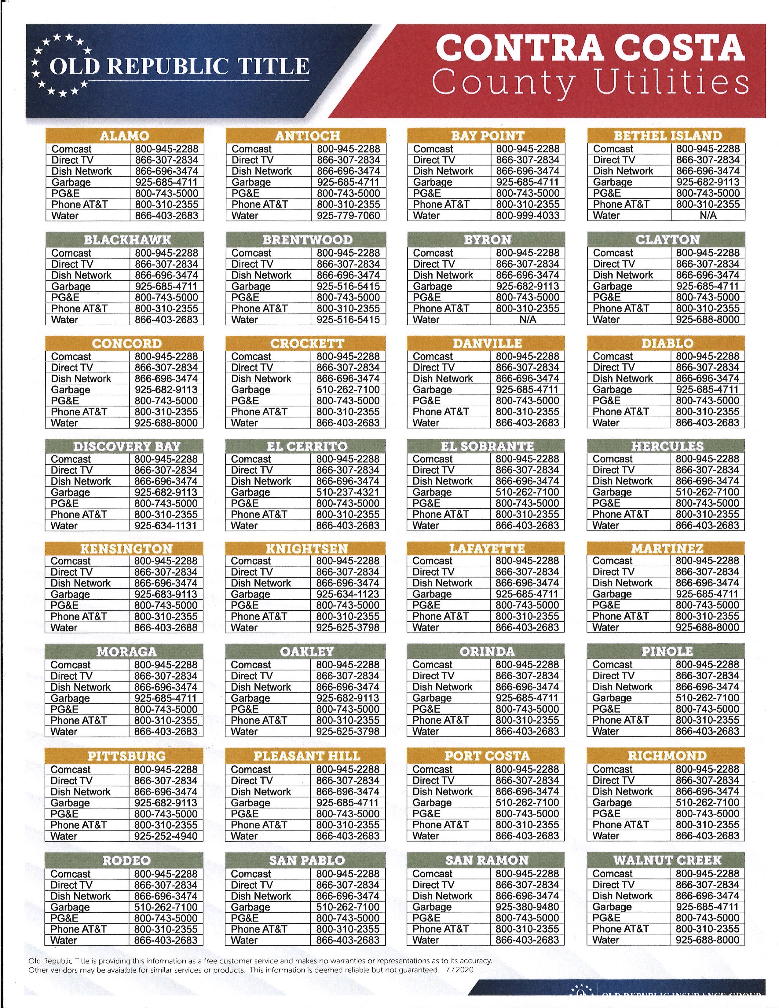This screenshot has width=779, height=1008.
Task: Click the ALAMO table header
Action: click(125, 136)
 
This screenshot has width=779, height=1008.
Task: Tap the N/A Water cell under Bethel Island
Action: click(708, 216)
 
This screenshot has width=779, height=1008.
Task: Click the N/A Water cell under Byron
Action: click(528, 320)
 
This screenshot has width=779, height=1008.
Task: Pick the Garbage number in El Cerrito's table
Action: click(348, 492)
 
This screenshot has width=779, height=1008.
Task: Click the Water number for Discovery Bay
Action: click(166, 526)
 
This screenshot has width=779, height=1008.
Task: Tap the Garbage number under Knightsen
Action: click(348, 594)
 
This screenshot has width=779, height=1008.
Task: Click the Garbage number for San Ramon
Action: click(527, 907)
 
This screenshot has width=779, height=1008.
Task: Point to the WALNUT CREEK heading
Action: click(667, 860)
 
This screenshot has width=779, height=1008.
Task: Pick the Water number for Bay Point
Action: click(528, 216)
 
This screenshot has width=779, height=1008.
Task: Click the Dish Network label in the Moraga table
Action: click(81, 687)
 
